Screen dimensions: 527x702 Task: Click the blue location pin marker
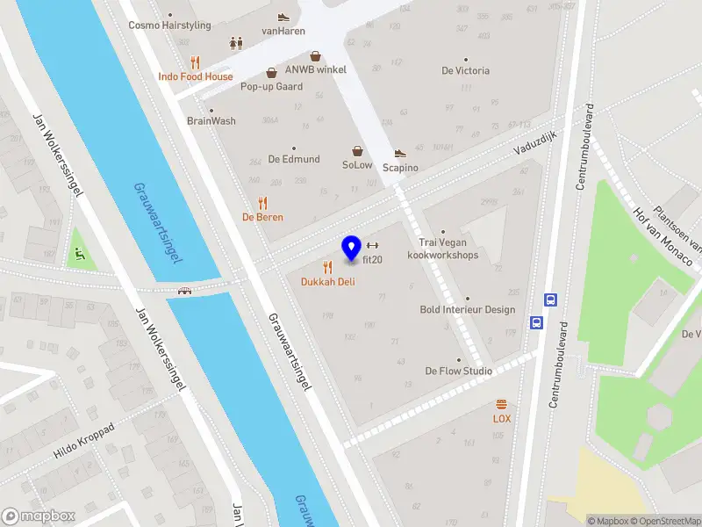tap(352, 249)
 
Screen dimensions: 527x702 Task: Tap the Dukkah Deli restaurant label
tap(327, 282)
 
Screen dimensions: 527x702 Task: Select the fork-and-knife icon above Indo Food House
tap(195, 62)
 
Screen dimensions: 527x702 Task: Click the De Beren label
tap(262, 217)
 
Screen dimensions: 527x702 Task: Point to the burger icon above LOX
tap(502, 404)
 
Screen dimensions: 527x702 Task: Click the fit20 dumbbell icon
tap(372, 245)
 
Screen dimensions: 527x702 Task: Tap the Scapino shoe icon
tap(400, 154)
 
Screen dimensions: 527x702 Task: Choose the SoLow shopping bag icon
tap(357, 150)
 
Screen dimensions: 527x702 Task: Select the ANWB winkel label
tap(316, 69)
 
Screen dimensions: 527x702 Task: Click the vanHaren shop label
tap(283, 32)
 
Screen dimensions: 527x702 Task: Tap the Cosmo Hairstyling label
tap(169, 25)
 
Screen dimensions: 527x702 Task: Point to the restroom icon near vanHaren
tap(235, 42)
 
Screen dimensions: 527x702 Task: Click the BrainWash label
tap(211, 121)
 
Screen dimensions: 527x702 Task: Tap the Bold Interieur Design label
tap(468, 309)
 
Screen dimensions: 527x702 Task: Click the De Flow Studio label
tap(458, 371)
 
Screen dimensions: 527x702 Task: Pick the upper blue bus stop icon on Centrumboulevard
tap(551, 299)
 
